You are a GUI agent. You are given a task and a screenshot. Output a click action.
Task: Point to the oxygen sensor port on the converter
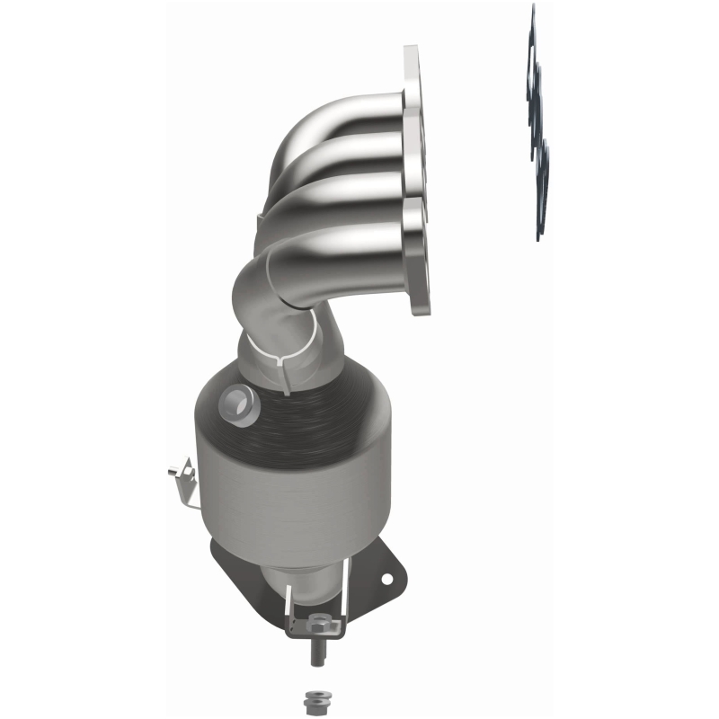click(x=237, y=402)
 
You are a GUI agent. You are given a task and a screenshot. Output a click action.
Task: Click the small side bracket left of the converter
click(x=185, y=477)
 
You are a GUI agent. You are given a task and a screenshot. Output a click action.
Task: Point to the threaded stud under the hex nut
click(x=318, y=652)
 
